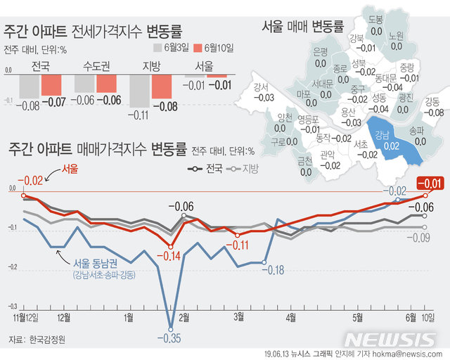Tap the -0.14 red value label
coord(169,255)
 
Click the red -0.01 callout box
coord(430,184)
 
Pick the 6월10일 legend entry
coord(215,48)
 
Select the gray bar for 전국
coord(29,86)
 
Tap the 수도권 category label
coord(95,67)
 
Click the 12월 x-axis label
coord(63,318)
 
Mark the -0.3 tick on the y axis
coord(12,307)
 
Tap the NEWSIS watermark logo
coord(390,339)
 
